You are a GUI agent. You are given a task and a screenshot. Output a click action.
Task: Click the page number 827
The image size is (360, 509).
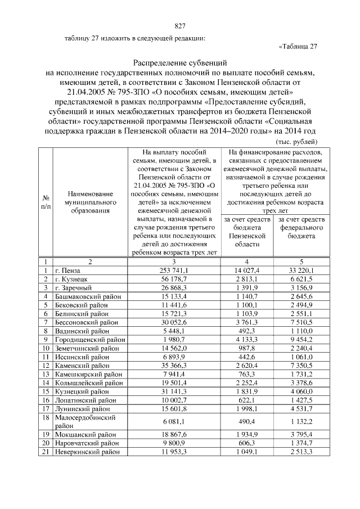tap(180, 26)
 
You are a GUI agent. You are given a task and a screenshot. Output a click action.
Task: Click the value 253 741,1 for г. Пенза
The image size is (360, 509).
tap(174, 271)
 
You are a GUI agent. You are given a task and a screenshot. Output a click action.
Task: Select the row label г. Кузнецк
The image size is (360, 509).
tap(71, 279)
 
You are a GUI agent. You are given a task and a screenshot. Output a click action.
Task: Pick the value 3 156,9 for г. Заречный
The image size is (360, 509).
tap(301, 287)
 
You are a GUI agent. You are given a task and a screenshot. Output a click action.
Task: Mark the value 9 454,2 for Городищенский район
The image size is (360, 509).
tap(301, 339)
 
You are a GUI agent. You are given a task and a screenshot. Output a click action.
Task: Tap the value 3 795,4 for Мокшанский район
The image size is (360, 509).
tap(301, 435)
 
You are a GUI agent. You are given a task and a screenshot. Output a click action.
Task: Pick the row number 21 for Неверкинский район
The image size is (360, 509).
tap(45, 452)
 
